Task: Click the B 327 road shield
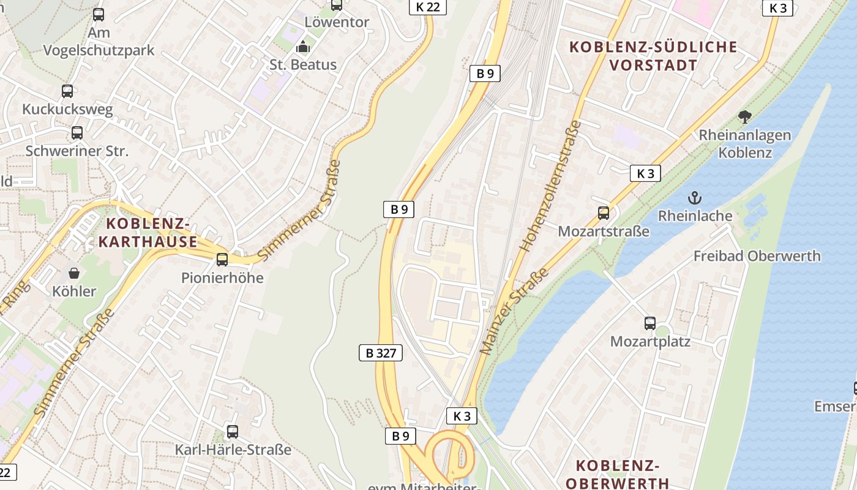pos(380,353)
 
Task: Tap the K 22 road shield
pos(427,7)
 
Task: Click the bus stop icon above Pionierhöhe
pos(222,260)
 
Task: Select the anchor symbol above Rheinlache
pos(694,198)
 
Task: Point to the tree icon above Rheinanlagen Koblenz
pos(745,116)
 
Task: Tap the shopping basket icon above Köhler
pos(74,273)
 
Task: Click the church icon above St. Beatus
pos(303,47)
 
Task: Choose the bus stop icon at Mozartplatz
pos(650,323)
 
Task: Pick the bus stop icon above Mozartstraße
pos(604,213)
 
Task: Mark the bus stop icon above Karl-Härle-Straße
pos(233,431)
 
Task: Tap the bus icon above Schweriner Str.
pos(77,133)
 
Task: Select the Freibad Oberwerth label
pos(757,256)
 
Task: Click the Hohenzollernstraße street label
pos(550,186)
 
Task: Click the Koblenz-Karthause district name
pos(148,232)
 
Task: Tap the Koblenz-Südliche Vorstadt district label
pos(653,56)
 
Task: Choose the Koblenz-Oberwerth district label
pos(617,474)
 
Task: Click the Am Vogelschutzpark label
pos(99,41)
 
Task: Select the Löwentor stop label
pos(337,23)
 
